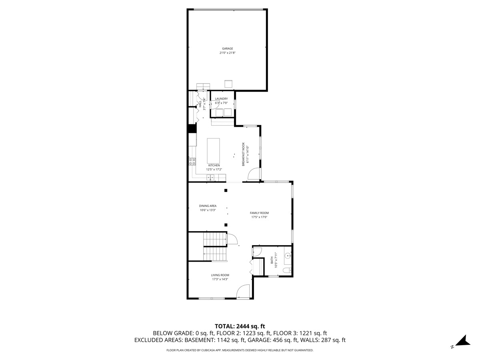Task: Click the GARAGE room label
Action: [x=228, y=49]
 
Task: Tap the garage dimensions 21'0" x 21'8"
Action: [x=228, y=53]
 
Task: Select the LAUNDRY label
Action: [x=221, y=99]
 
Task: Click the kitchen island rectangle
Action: [x=213, y=149]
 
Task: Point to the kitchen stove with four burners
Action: [x=192, y=161]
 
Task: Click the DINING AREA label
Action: [x=208, y=206]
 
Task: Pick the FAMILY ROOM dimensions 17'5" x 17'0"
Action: [x=259, y=217]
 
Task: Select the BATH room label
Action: [x=272, y=260]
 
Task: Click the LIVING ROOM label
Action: [x=220, y=275]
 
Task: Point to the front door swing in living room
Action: [x=243, y=291]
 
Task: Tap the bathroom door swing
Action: [x=257, y=252]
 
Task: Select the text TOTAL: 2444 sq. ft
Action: [x=240, y=326]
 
